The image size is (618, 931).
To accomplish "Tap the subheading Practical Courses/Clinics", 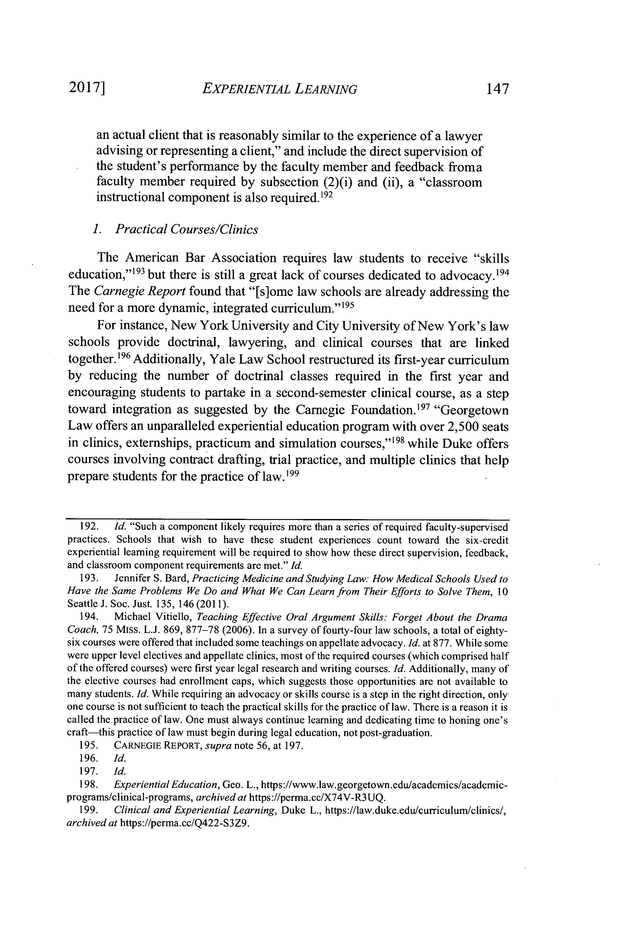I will pyautogui.click(x=186, y=229).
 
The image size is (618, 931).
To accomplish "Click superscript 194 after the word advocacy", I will pyautogui.click(x=502, y=272).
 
